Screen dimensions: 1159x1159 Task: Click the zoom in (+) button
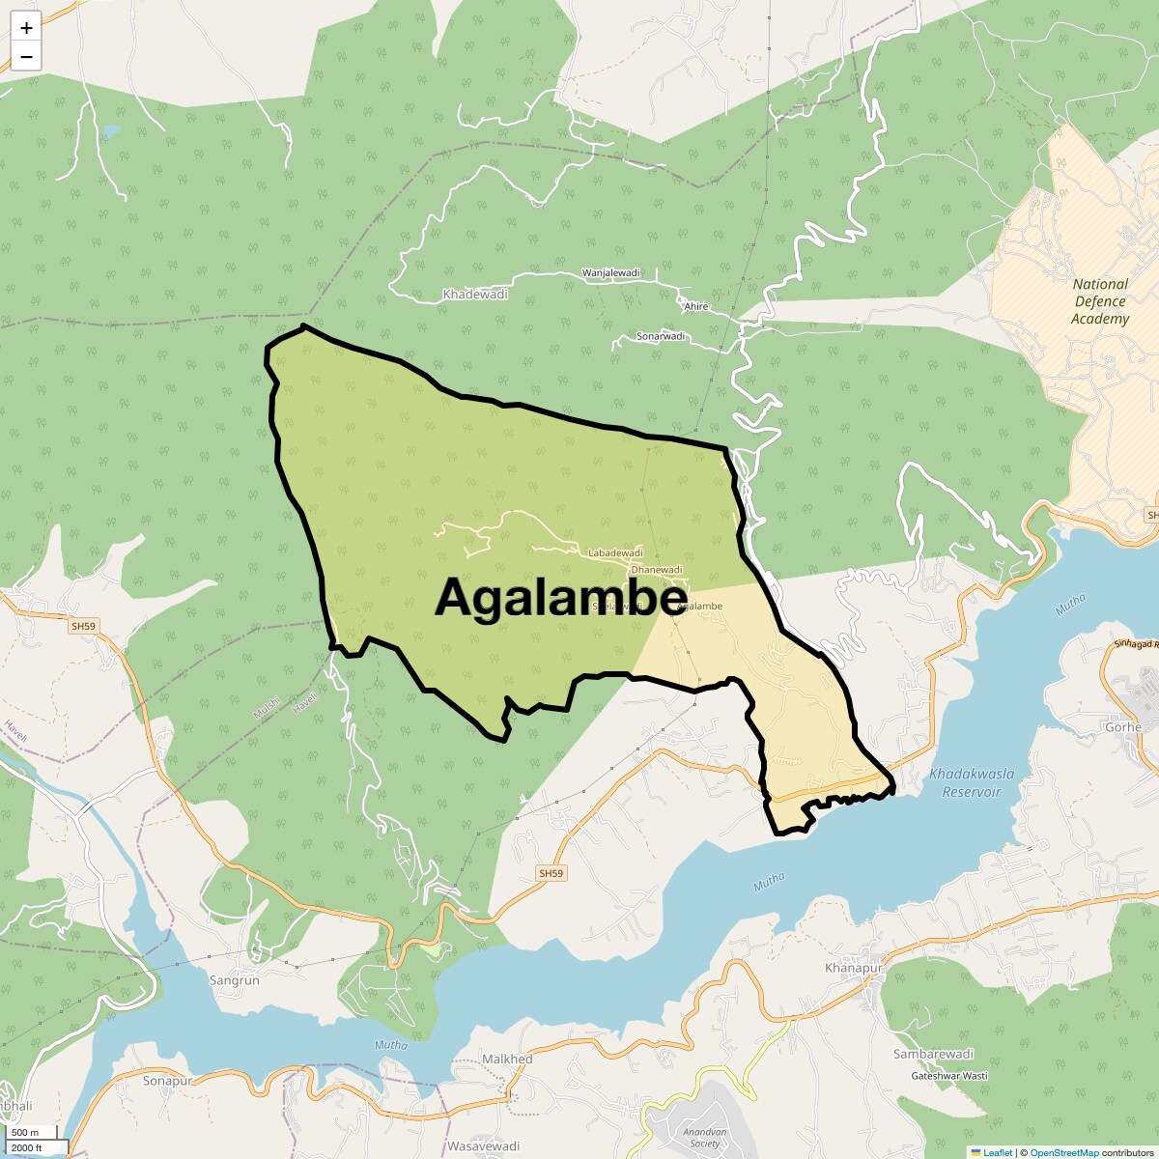26,29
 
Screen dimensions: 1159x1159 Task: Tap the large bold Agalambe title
560,598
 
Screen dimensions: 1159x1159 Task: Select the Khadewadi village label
474,294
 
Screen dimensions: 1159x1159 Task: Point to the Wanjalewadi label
610,273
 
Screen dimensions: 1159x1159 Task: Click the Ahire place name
695,306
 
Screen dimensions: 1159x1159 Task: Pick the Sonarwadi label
661,336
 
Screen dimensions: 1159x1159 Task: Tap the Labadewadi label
615,552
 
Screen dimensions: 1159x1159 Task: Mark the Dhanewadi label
656,570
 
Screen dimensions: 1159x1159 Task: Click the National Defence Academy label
1100,301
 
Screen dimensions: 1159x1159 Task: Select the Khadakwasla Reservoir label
965,782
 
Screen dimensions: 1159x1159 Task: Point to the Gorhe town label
1123,727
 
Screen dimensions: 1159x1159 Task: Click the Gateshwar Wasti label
948,1075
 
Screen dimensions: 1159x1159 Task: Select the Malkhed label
507,1059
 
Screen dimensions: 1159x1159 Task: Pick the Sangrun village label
235,980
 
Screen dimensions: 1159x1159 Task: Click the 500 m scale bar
27,1133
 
